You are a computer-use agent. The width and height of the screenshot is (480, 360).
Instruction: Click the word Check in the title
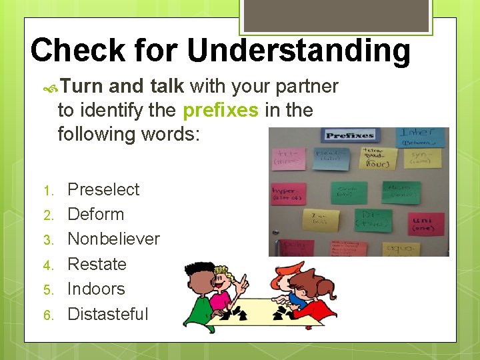(x=77, y=51)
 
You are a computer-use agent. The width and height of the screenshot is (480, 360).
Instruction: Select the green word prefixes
(x=220, y=110)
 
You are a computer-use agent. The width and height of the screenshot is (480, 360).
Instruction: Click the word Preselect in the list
(x=103, y=189)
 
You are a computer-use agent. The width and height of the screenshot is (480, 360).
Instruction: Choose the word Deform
(x=96, y=214)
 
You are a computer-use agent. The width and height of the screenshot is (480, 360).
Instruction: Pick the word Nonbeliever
(x=114, y=239)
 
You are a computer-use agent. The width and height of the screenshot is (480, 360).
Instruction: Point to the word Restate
(x=97, y=264)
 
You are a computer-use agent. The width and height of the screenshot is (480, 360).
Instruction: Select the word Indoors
(x=97, y=289)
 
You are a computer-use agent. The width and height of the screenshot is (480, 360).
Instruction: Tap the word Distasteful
(x=108, y=314)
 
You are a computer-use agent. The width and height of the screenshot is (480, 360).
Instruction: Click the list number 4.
(x=47, y=265)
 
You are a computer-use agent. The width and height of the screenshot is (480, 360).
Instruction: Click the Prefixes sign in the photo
(x=350, y=136)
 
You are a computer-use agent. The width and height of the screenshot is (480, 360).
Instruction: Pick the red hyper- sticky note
(x=288, y=193)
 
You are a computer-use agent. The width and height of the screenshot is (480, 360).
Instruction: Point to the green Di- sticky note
(x=369, y=219)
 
